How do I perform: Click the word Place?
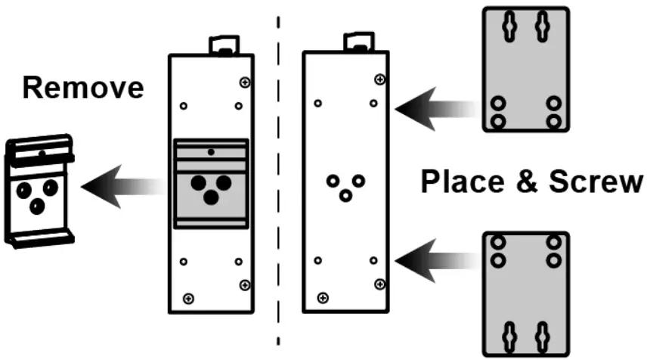pyautogui.click(x=460, y=182)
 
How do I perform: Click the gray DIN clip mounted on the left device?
pyautogui.click(x=211, y=183)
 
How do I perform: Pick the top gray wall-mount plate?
pyautogui.click(x=525, y=70)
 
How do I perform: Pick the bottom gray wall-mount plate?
pyautogui.click(x=525, y=293)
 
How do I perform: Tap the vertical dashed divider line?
pyautogui.click(x=280, y=182)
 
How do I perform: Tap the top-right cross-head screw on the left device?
pyautogui.click(x=244, y=82)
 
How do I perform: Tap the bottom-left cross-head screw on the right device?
pyautogui.click(x=323, y=297)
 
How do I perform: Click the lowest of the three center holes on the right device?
pyautogui.click(x=345, y=196)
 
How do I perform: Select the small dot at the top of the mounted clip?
pyautogui.click(x=210, y=152)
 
